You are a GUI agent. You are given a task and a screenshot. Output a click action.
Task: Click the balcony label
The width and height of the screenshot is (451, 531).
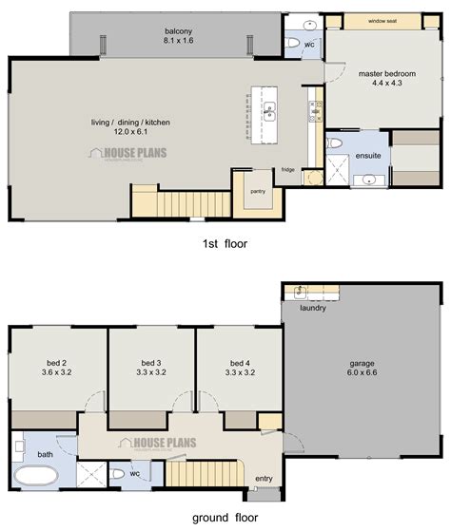point(179,31)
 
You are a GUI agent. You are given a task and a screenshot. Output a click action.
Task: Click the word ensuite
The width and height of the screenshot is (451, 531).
point(368,154)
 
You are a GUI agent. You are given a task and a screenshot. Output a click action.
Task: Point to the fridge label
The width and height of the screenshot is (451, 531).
point(288,170)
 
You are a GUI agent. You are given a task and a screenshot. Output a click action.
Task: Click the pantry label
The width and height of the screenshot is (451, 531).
point(257,190)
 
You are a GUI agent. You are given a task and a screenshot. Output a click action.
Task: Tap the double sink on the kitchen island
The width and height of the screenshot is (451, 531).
point(269,108)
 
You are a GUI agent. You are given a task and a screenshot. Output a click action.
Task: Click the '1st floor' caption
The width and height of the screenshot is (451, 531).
point(225,244)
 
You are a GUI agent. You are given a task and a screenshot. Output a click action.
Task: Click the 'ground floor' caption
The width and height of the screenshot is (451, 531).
point(225,519)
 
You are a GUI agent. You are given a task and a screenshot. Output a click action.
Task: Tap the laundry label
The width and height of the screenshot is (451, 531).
point(313,308)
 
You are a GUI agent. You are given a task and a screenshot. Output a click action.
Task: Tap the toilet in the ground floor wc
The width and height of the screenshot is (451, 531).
point(116,473)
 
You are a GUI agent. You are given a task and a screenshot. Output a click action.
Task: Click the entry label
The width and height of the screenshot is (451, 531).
point(264,479)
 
